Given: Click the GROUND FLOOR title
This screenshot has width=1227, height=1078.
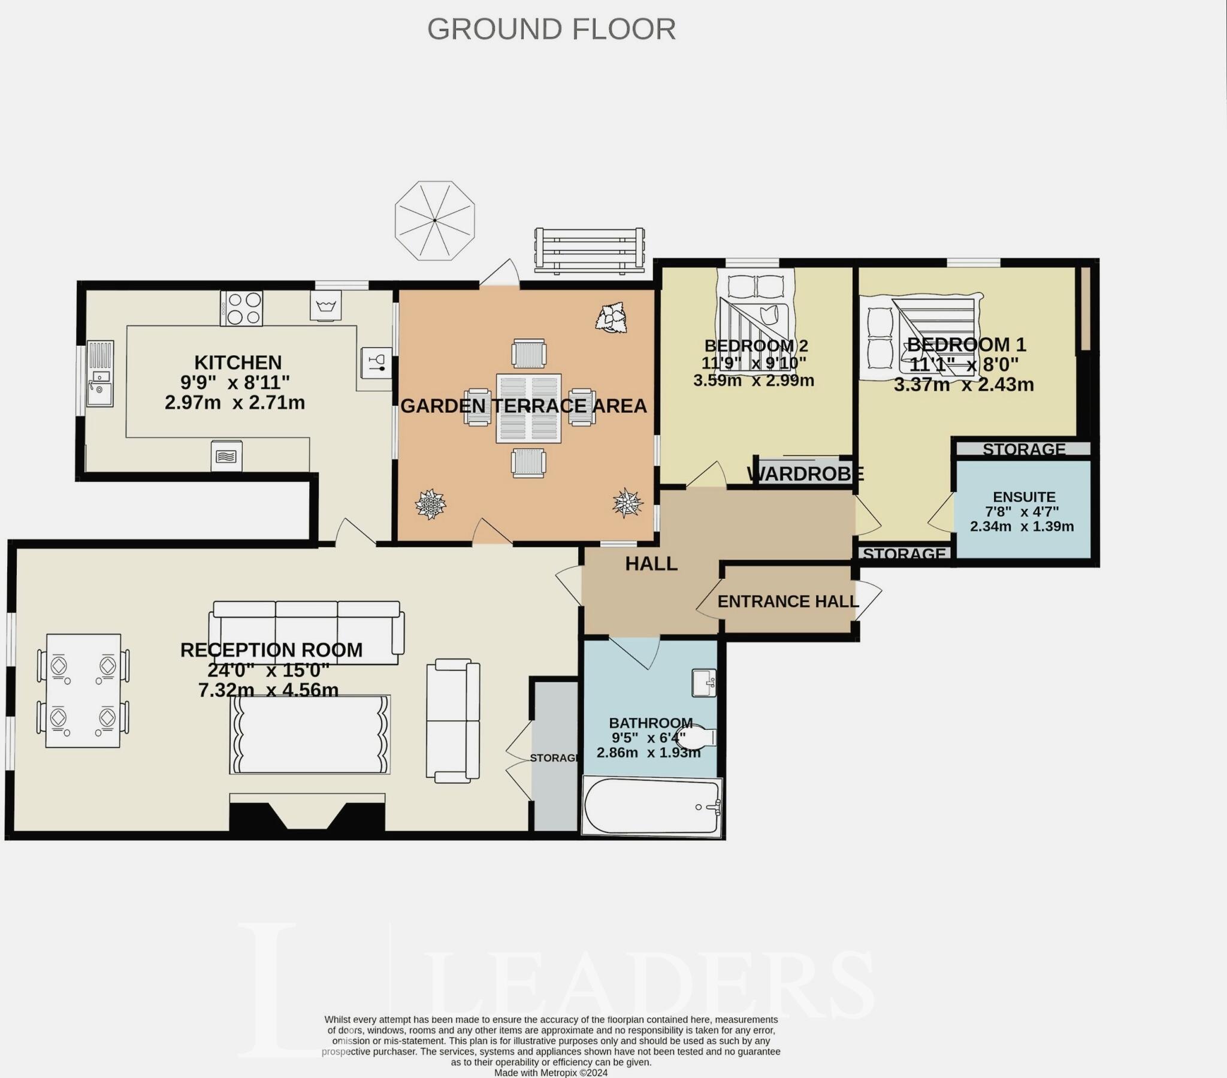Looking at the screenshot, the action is (x=551, y=29).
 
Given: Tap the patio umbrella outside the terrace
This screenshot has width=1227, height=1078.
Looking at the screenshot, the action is (x=434, y=221).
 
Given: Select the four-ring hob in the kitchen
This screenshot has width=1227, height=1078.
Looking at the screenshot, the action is (x=241, y=308).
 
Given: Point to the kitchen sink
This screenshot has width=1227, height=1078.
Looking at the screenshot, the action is (x=99, y=373).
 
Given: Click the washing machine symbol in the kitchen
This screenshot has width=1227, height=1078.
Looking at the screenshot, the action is (x=325, y=306).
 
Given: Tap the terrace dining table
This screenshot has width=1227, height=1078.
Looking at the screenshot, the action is (x=528, y=409).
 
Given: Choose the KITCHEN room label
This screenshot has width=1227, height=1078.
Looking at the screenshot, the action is (x=238, y=362).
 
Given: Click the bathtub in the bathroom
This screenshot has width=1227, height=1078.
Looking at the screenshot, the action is (x=652, y=806).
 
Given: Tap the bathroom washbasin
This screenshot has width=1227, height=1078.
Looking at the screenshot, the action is (x=704, y=683).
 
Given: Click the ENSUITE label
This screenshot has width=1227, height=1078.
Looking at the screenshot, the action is (x=1024, y=497).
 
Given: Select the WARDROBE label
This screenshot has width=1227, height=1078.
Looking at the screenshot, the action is (x=805, y=474).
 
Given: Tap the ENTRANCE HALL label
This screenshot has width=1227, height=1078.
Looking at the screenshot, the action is (x=788, y=601).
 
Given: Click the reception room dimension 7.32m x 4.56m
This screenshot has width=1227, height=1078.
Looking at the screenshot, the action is (x=268, y=690).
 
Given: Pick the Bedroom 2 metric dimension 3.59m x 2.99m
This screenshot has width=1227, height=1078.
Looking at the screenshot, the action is (x=753, y=380).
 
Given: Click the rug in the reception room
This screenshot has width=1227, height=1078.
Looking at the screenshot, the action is (x=310, y=735).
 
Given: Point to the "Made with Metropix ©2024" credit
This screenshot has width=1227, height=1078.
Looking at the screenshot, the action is (x=551, y=1073).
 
